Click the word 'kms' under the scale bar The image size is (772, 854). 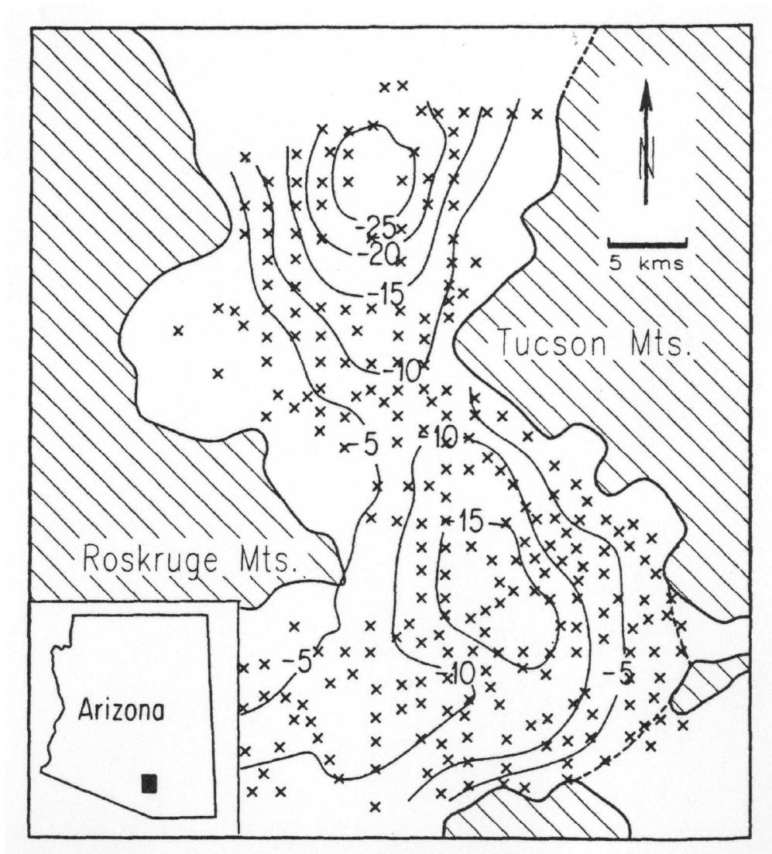[x=660, y=263]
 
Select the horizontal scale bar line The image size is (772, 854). [x=647, y=243]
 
